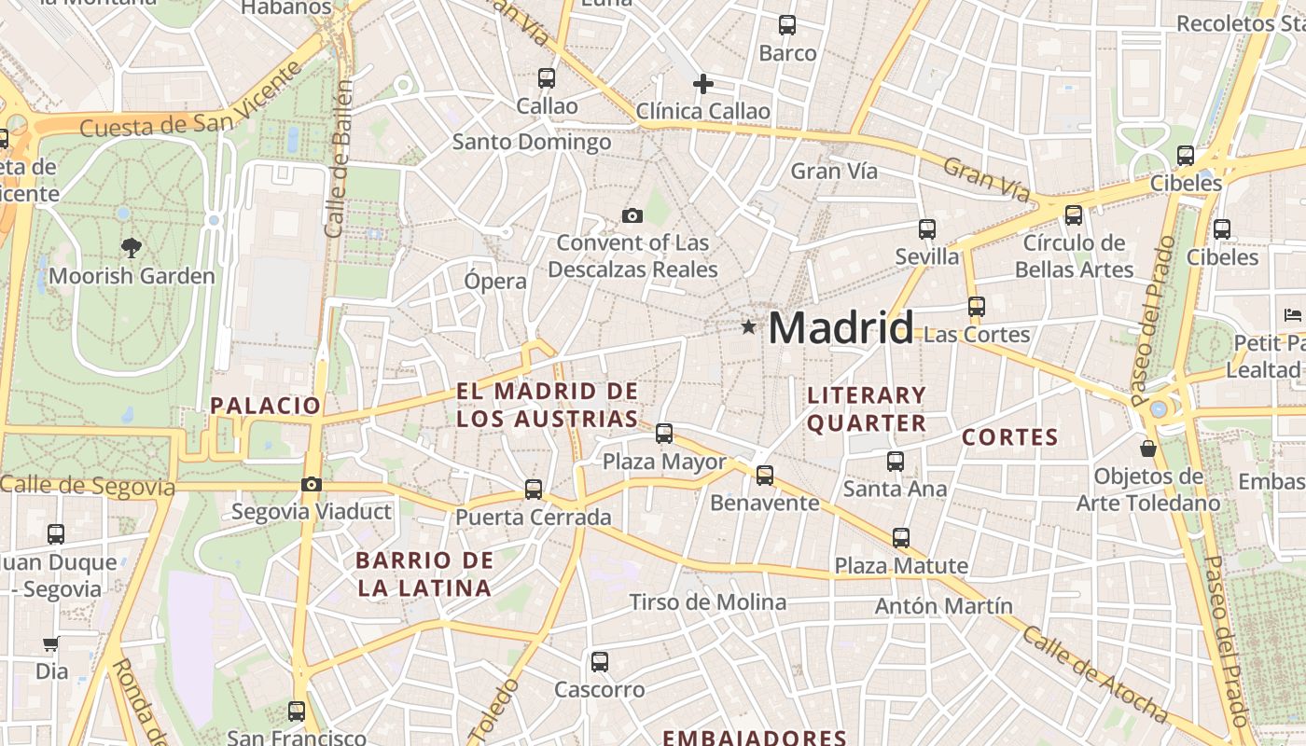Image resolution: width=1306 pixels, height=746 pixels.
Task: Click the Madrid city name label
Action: [x=841, y=327]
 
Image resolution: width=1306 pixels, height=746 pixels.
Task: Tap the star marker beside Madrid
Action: [x=748, y=327]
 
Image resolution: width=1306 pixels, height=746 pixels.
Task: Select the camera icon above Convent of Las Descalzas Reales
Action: [x=632, y=216]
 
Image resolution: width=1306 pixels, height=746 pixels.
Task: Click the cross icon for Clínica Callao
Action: [x=703, y=85]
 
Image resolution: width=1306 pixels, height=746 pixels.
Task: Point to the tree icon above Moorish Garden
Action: [x=132, y=247]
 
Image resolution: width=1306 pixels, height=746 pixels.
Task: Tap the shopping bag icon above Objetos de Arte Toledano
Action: [x=1148, y=449]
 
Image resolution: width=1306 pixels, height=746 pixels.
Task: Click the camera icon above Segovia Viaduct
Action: [x=312, y=484]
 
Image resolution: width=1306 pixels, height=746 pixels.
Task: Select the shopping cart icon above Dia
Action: [x=51, y=643]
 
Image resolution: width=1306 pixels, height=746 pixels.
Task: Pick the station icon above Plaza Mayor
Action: [x=664, y=433]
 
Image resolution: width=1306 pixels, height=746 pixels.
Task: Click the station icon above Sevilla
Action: [x=926, y=228]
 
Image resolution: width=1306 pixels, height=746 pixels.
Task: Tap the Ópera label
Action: [x=495, y=281]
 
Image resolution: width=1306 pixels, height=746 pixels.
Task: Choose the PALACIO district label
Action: [x=266, y=405]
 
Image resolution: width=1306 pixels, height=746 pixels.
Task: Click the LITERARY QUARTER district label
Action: [x=867, y=408]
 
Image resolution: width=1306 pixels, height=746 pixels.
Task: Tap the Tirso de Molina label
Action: [x=708, y=602]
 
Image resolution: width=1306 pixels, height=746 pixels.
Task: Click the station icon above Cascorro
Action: [x=600, y=661]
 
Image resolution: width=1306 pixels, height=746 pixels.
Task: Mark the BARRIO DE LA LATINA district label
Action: [x=424, y=573]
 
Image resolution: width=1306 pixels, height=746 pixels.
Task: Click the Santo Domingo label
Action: [x=532, y=142]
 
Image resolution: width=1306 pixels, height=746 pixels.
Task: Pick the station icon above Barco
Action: [x=787, y=25]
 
